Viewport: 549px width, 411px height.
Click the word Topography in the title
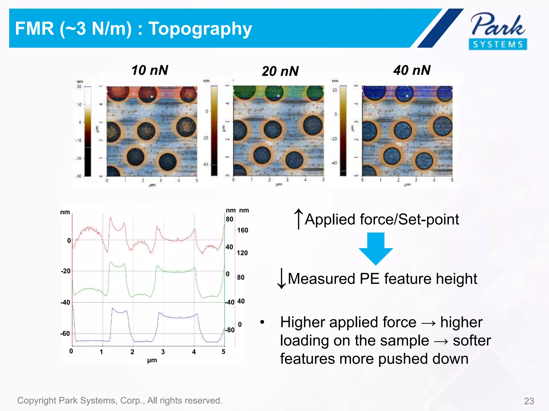200,29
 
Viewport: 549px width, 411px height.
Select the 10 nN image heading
150,70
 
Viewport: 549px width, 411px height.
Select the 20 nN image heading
280,71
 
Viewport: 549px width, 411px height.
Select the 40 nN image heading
412,70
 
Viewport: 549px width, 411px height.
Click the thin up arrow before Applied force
298,219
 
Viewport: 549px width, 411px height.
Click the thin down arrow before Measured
281,279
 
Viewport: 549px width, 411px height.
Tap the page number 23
529,401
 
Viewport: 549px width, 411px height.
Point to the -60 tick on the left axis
65,334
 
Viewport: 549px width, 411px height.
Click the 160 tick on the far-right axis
243,230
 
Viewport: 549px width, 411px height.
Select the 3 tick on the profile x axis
163,352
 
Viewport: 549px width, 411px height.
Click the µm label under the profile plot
152,360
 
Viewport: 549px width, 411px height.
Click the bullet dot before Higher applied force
262,322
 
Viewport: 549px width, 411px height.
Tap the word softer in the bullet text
472,341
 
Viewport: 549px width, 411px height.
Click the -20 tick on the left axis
66,271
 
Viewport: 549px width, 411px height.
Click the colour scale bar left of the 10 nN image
88,131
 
